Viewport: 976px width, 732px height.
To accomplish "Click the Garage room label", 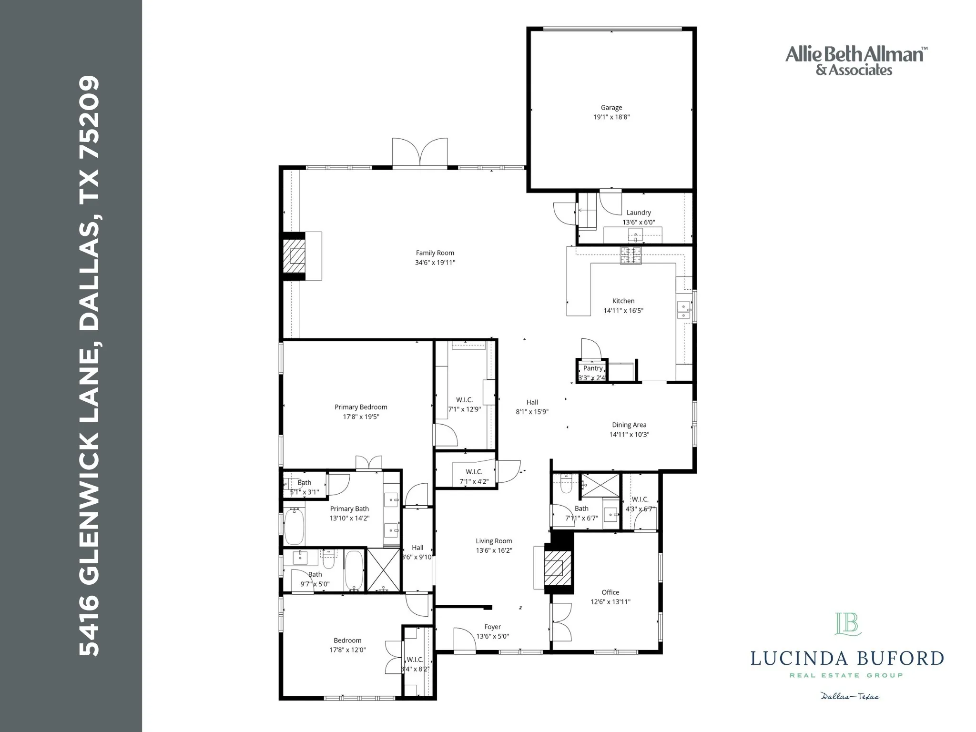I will tap(611, 108).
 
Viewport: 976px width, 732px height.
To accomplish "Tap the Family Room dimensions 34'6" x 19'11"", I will tap(435, 263).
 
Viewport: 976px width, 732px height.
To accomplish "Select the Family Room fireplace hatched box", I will tap(294, 256).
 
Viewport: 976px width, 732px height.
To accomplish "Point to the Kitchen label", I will tap(623, 301).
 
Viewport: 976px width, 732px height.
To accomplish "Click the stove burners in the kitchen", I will tap(630, 256).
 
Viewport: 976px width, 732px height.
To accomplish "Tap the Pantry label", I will tap(592, 368).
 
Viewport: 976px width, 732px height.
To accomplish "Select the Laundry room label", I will tap(638, 213).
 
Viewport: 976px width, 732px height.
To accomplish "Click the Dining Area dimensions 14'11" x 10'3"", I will tap(629, 435).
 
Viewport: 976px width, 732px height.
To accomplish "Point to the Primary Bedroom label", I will tap(361, 407).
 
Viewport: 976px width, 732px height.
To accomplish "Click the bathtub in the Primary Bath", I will tap(294, 527).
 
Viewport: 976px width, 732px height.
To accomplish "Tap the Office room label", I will tap(610, 592).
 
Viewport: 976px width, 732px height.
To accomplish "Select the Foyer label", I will tap(492, 627).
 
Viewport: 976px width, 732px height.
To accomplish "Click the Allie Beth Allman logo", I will tap(856, 61).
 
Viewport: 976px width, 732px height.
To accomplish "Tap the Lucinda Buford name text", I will tap(847, 659).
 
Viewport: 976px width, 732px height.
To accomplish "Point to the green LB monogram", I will tap(848, 624).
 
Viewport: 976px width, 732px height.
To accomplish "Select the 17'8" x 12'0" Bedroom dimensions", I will tap(347, 650).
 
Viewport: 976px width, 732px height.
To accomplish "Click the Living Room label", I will tap(494, 541).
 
